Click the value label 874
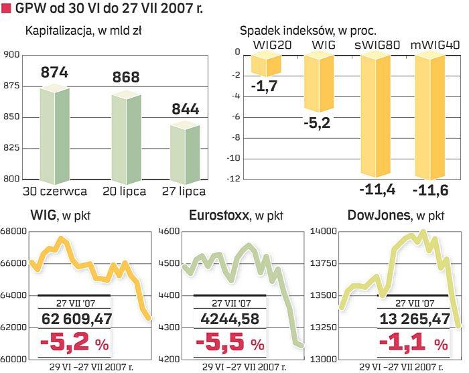pos(55,72)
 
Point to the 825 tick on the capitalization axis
pos(12,148)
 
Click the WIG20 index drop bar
pos(266,66)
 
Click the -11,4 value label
pos(377,190)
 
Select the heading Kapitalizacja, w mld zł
pos(84,31)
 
